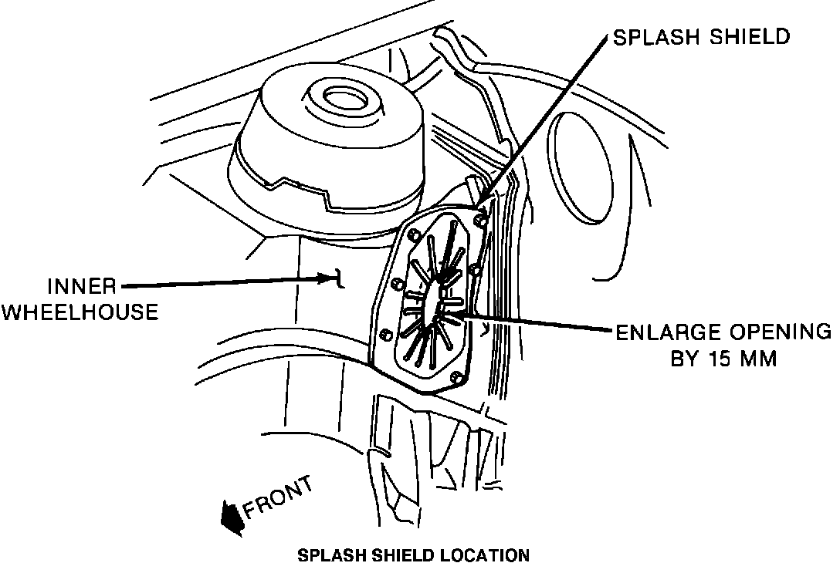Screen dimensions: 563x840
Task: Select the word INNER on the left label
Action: (x=83, y=287)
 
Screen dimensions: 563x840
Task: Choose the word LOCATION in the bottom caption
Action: (x=487, y=555)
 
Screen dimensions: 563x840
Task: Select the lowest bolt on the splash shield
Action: (x=456, y=378)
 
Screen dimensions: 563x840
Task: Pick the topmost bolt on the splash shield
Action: (x=480, y=221)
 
